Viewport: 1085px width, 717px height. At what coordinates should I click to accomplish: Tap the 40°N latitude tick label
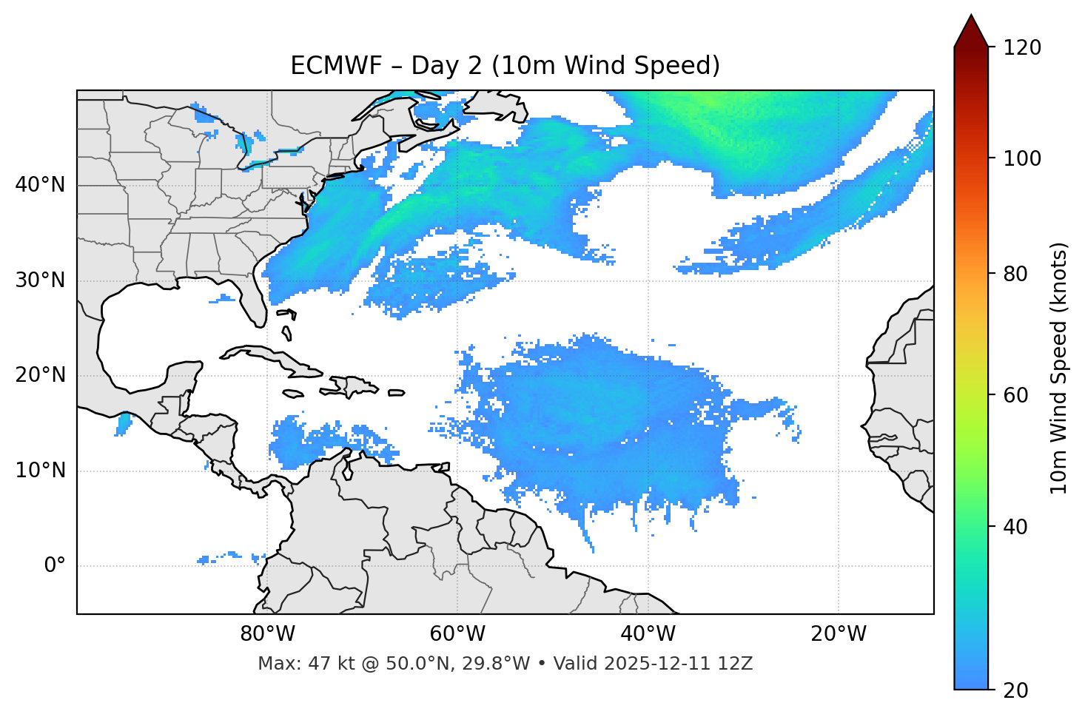tap(40, 185)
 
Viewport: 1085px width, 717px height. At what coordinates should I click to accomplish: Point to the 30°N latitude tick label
tap(40, 280)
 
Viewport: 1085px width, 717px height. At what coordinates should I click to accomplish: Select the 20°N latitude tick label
tap(40, 375)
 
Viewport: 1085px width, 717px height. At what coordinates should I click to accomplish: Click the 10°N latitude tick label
tap(40, 471)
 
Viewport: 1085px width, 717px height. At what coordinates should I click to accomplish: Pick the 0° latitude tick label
tap(54, 565)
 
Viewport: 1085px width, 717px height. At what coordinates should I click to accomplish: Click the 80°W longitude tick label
tap(267, 634)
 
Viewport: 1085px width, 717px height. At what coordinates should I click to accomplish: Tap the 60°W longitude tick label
tap(457, 634)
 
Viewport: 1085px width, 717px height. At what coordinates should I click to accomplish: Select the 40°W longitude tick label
tap(648, 634)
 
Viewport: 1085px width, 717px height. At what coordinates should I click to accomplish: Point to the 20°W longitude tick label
tap(838, 634)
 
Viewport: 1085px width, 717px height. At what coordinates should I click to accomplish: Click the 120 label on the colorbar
tap(1022, 47)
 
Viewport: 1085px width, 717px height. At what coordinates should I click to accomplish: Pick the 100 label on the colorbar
tap(1022, 158)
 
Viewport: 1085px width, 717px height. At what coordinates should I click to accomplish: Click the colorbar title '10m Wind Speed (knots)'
tap(1059, 368)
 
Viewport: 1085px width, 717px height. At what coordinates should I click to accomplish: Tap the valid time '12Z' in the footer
tap(738, 664)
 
